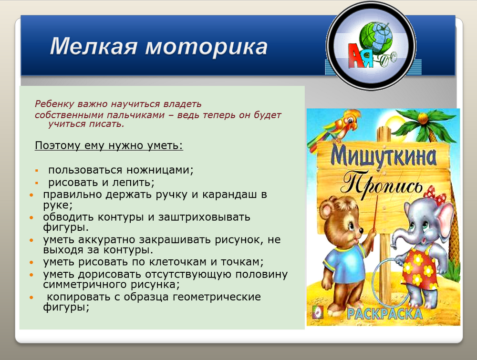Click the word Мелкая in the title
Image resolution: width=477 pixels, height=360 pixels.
point(93,47)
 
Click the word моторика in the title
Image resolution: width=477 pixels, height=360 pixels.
point(207,47)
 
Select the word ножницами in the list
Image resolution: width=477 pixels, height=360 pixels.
point(160,170)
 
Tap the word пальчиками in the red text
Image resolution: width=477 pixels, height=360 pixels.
point(139,115)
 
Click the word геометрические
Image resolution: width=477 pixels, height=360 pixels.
point(217,297)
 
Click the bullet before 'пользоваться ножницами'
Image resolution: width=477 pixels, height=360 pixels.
point(37,171)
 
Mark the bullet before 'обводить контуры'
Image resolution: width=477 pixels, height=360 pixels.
point(31,218)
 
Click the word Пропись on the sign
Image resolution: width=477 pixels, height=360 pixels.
point(382,185)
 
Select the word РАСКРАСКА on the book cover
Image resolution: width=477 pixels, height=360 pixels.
point(384,313)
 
